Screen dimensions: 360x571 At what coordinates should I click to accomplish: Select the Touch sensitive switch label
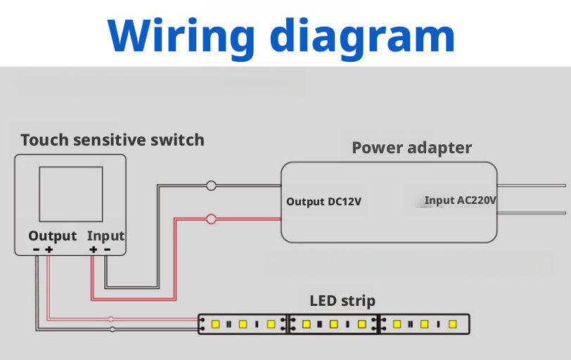[x=113, y=139]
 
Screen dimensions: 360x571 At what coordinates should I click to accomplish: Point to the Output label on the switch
[x=52, y=236]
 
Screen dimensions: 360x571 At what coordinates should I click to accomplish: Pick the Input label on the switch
[x=105, y=236]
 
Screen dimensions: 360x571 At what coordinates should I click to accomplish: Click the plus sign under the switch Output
[x=49, y=249]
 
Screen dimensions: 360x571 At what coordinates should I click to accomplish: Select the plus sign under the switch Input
[x=93, y=249]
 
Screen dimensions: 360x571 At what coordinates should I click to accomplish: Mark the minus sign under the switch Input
[x=106, y=249]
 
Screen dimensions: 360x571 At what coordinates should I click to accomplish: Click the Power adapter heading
[x=411, y=148]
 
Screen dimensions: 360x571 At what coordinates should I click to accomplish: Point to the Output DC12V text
[x=324, y=202]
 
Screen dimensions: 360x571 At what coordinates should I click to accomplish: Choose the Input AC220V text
[x=461, y=200]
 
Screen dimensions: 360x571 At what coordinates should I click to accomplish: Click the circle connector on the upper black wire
[x=211, y=186]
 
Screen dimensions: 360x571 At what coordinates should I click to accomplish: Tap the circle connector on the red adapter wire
[x=211, y=219]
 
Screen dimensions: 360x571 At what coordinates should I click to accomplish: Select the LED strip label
[x=342, y=301]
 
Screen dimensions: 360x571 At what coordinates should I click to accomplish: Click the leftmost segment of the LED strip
[x=243, y=324]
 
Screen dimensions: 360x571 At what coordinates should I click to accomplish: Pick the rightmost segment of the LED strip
[x=424, y=324]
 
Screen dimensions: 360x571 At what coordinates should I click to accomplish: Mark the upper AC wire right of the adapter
[x=534, y=186]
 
